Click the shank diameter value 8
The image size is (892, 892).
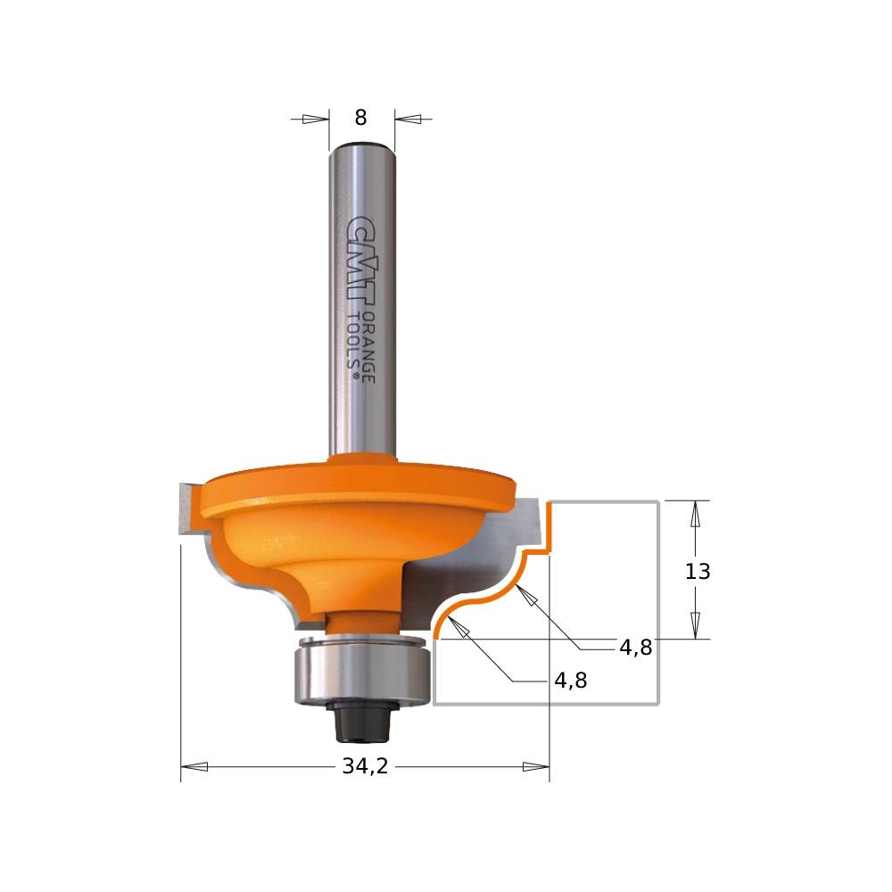point(360,118)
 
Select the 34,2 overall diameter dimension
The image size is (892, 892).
point(365,766)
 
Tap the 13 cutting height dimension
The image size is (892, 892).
point(698,572)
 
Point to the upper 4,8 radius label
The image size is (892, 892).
point(635,648)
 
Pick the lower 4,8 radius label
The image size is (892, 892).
point(571,681)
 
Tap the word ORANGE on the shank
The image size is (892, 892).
point(367,348)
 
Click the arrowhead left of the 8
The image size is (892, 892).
point(315,119)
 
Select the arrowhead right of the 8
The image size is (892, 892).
point(408,119)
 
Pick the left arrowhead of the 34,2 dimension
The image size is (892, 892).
point(194,766)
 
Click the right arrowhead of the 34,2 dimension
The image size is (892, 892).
point(535,766)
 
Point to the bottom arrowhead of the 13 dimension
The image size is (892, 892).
point(695,625)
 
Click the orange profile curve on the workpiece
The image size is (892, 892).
point(500,594)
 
